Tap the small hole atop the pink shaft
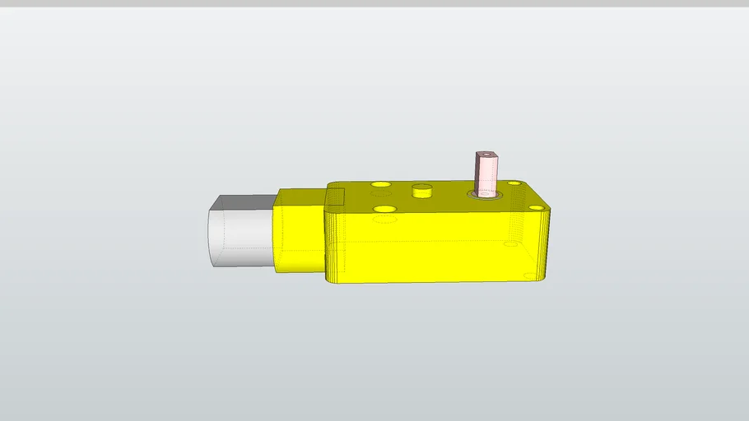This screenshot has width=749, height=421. click(486, 153)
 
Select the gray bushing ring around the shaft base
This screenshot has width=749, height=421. click(486, 196)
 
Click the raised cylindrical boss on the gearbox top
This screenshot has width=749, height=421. click(422, 191)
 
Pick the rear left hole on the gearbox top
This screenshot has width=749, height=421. click(380, 183)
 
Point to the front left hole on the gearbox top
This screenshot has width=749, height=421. click(384, 209)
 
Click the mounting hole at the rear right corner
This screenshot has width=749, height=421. click(514, 183)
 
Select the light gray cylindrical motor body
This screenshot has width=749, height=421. click(240, 238)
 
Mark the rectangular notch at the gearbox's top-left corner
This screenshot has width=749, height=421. click(335, 197)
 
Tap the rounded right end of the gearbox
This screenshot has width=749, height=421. click(544, 243)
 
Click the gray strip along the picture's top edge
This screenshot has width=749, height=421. click(374, 3)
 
